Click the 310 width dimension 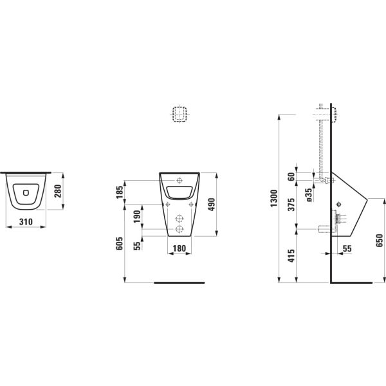[26, 222]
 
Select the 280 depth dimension [58, 191]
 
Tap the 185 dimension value [119, 192]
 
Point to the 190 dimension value [137, 217]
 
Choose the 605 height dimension [119, 243]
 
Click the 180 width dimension [179, 248]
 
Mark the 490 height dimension [211, 205]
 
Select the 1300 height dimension [274, 198]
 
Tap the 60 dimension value [291, 176]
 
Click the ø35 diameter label [309, 195]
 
